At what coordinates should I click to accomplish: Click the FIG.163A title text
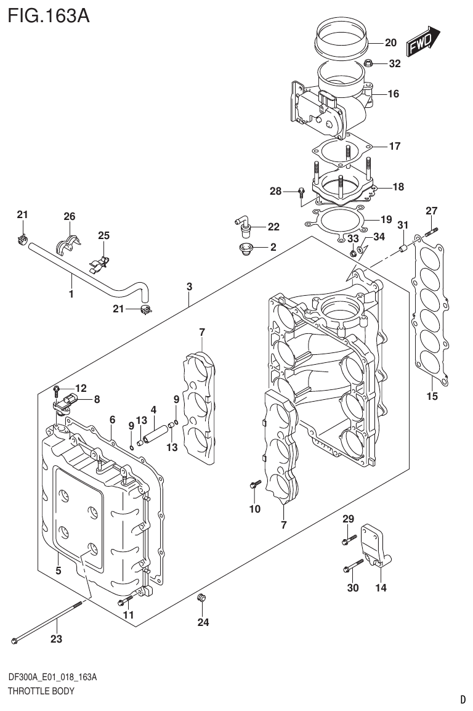tap(49, 15)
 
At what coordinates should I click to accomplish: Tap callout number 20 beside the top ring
tap(390, 43)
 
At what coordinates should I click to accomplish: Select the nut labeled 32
tap(369, 62)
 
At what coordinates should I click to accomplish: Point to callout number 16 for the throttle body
tap(394, 94)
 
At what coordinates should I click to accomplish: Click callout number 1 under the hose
tap(71, 295)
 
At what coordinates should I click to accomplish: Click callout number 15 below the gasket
tap(432, 396)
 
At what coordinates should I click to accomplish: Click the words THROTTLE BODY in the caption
tap(41, 691)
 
